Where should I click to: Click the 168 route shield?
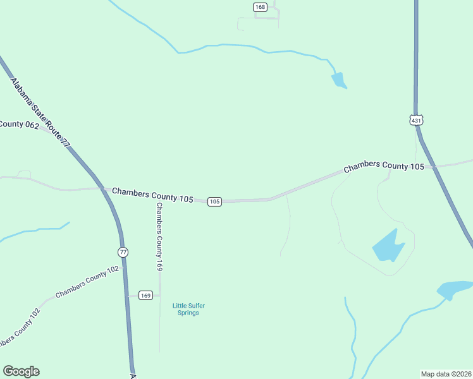point(260,7)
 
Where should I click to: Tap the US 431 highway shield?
point(415,120)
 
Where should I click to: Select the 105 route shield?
point(214,202)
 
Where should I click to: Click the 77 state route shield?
point(123,252)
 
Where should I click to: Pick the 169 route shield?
point(145,296)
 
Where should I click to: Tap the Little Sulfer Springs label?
point(188,310)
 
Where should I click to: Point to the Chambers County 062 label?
point(20,124)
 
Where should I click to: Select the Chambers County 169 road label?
point(160,237)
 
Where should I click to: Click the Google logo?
point(21,371)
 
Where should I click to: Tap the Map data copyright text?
point(445,373)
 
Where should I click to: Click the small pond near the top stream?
point(338,80)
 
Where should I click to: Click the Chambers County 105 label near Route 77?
point(152,195)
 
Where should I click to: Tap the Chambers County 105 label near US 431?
point(384,166)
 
